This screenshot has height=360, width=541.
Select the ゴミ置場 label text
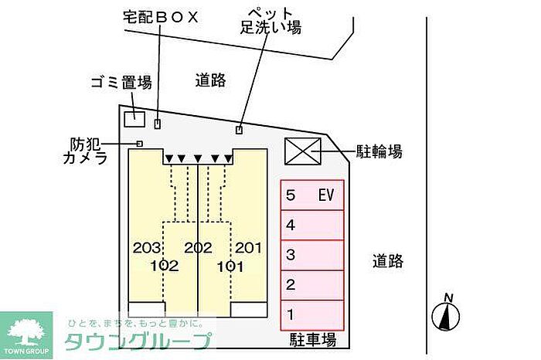point(121,83)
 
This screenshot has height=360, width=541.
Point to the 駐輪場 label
point(379,151)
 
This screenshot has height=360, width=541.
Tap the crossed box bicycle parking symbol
point(302,151)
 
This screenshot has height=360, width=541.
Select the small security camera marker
point(140,144)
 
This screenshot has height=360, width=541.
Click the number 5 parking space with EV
point(312,196)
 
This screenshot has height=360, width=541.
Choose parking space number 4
point(312,226)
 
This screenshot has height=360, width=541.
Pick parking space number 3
point(312,255)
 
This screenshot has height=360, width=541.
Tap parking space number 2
point(312,284)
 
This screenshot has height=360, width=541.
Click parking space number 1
point(312,314)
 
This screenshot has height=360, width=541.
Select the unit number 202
point(198,249)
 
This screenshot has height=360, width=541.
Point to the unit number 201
point(248,249)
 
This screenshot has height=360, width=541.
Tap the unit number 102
point(165,267)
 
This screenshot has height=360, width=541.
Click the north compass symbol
point(446,313)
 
